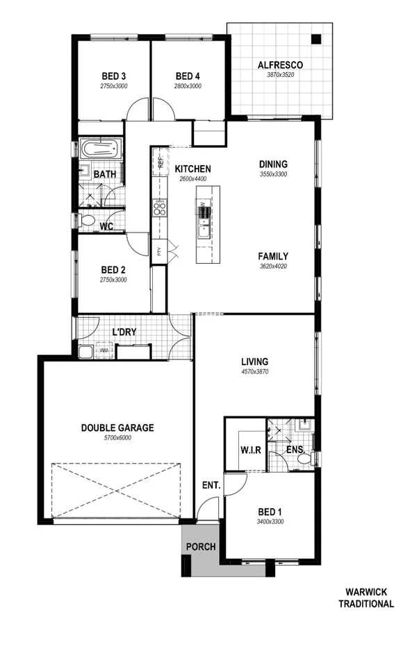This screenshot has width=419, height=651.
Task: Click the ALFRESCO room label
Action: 280,65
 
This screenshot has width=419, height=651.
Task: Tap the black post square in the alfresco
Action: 316,39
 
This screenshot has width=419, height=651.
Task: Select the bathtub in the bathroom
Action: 100,149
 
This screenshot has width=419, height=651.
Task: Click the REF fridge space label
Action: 160,164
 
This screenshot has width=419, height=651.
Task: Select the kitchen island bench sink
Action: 203,230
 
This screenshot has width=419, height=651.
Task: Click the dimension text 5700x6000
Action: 117,438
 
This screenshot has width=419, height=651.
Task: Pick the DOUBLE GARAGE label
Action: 117,428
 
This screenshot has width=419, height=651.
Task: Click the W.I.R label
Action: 250,450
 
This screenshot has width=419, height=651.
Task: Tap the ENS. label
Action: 296,450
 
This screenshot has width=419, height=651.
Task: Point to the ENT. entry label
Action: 212,485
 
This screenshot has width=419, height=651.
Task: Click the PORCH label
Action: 200,547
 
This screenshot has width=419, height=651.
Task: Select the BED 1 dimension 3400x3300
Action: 270,521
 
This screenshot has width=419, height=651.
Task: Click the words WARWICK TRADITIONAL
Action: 365,598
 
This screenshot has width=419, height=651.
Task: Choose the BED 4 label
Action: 188,76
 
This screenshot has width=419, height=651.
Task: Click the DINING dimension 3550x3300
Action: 273,174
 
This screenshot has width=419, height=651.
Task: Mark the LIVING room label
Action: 254,362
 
